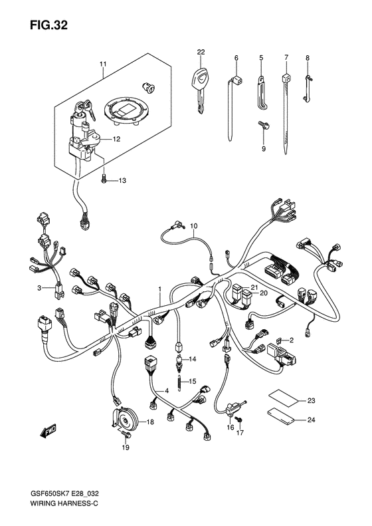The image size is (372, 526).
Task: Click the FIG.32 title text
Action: [x=48, y=25]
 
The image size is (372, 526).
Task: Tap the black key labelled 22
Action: [x=200, y=89]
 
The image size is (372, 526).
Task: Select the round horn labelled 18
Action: [x=126, y=418]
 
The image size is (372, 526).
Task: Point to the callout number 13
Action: [x=122, y=181]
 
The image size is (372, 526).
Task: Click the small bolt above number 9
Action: [x=264, y=126]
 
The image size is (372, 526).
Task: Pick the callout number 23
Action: [x=312, y=401]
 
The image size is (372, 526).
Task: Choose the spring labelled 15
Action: [x=180, y=382]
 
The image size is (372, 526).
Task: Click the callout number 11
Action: [x=102, y=64]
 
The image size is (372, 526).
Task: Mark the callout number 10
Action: [x=194, y=226]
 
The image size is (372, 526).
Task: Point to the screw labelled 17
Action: [x=238, y=420]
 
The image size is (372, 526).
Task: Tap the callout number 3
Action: [x=39, y=288]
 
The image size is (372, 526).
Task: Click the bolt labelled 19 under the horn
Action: [x=126, y=435]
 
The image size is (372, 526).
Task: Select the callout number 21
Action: [x=254, y=287]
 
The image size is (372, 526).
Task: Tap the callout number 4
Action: [x=166, y=391]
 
